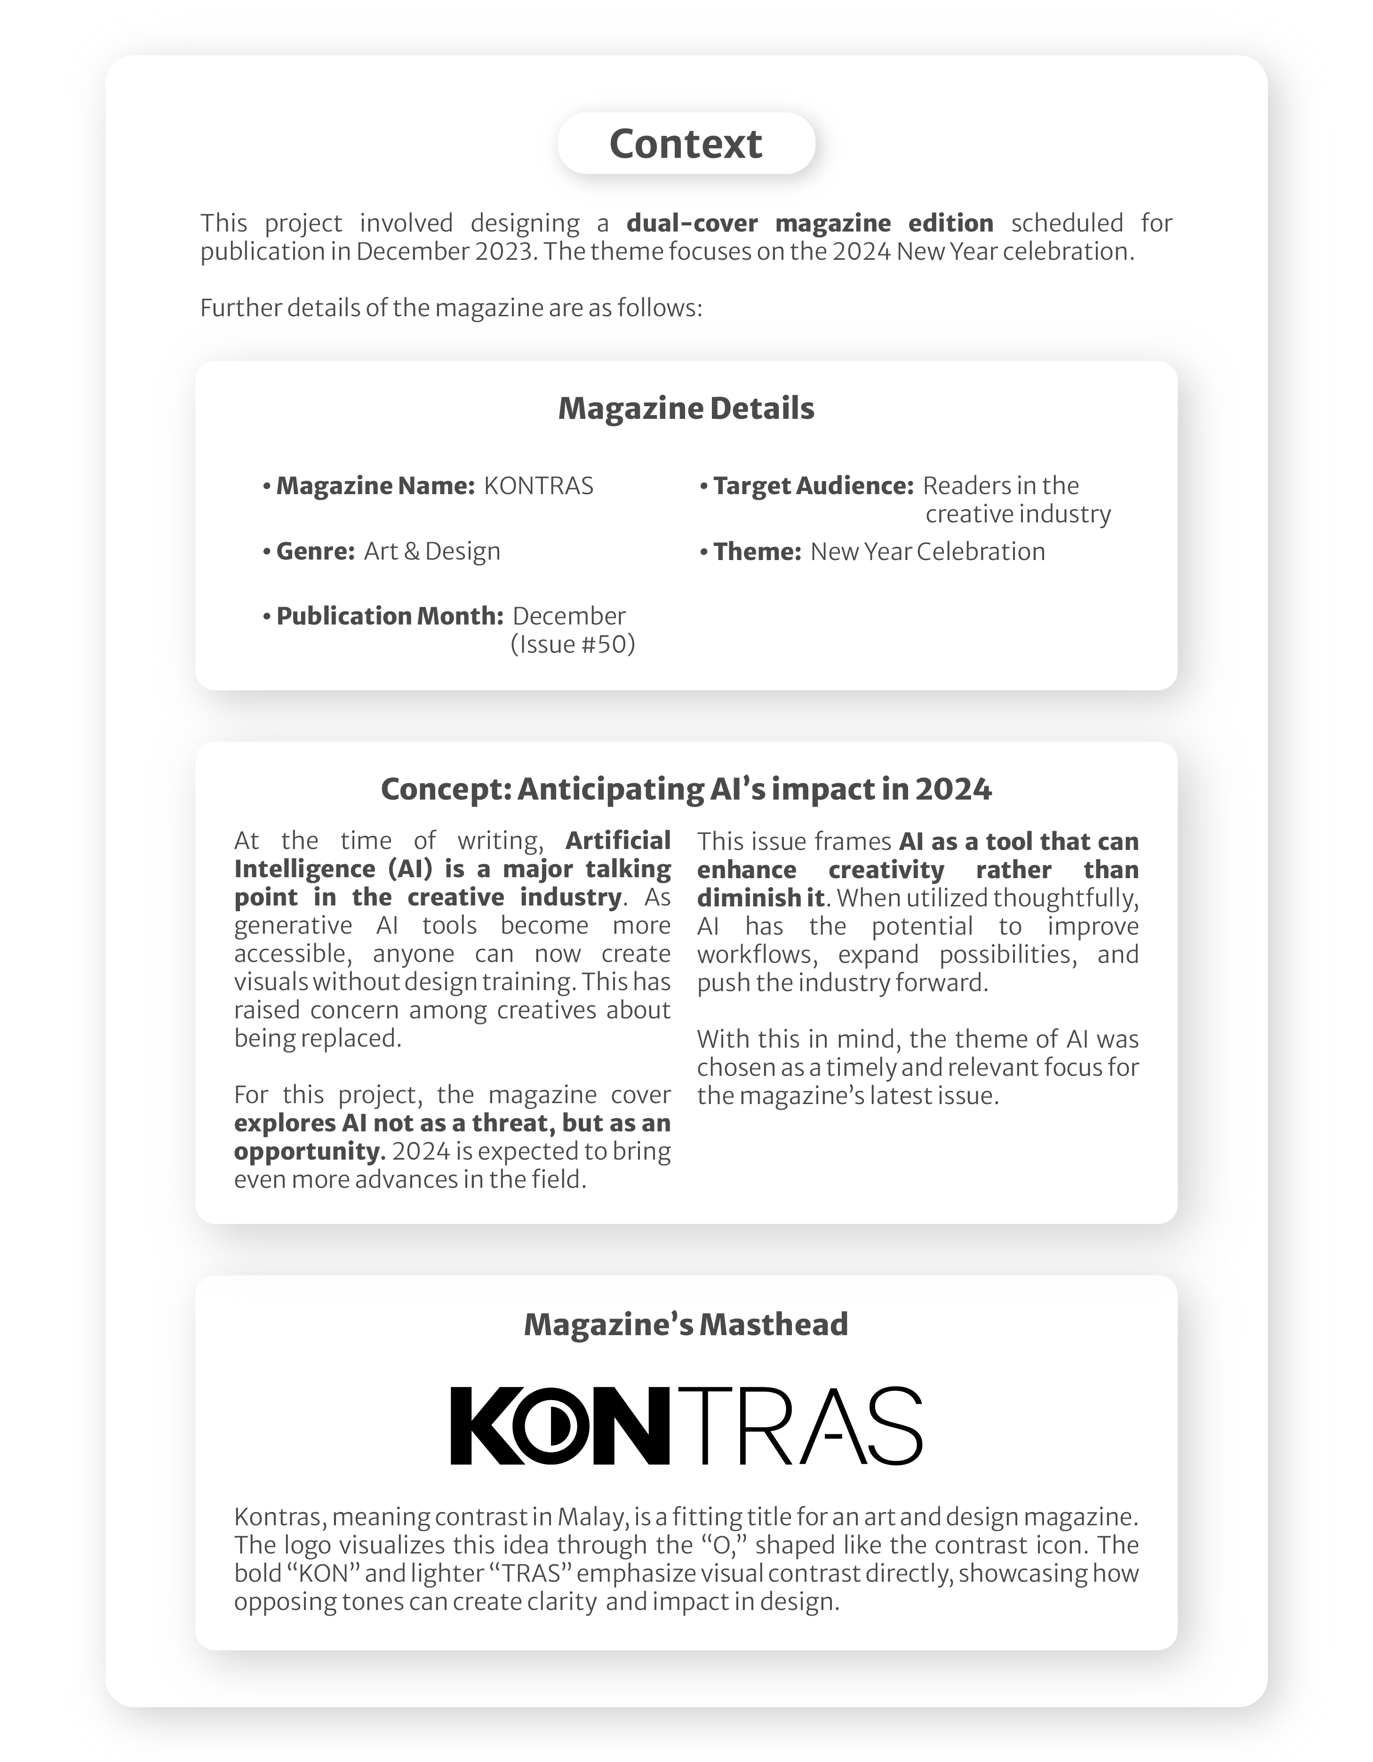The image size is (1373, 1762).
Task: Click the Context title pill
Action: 686,144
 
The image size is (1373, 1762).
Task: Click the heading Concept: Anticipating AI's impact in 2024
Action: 686,789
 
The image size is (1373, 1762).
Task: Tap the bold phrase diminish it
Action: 760,898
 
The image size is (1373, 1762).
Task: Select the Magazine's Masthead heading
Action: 686,1325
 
